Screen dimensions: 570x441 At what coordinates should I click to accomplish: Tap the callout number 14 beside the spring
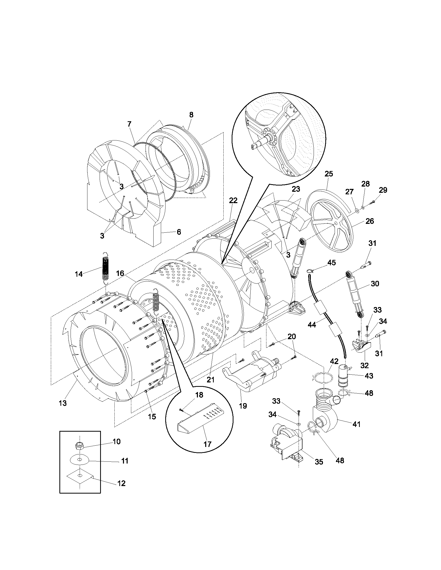pos(79,274)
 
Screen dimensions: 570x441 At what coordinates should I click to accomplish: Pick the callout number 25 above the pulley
pos(329,174)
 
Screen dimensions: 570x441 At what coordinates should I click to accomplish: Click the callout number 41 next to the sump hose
pos(356,424)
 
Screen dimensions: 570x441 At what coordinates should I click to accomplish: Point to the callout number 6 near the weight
pos(179,232)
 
